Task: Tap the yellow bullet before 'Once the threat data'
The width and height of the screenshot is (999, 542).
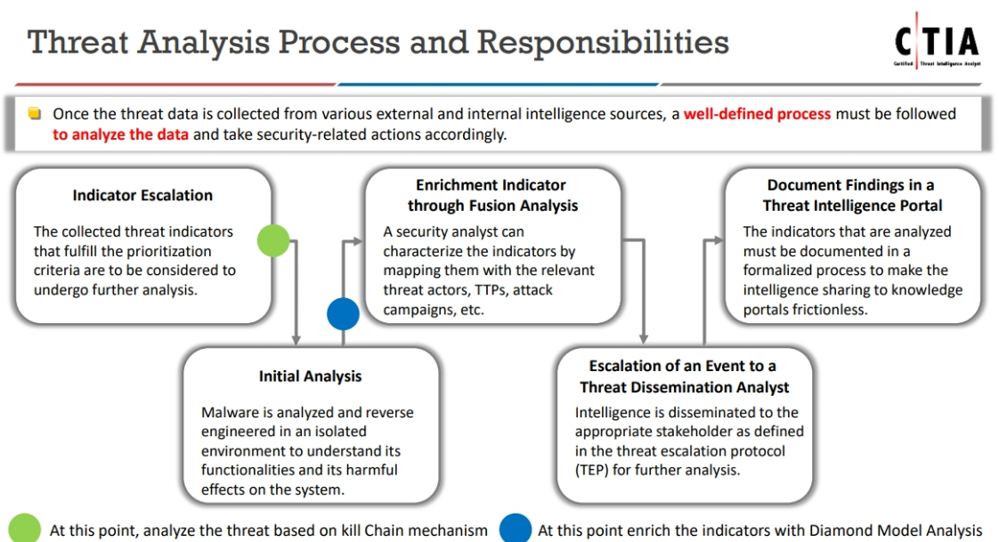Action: tap(35, 114)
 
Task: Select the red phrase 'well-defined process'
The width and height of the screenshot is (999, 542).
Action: tap(757, 114)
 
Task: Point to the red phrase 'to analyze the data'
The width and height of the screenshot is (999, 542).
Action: tap(120, 135)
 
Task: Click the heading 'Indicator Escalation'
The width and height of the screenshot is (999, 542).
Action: tap(142, 195)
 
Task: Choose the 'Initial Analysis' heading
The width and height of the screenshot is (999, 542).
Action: tap(310, 376)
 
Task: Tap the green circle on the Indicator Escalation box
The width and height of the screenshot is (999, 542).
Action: tap(273, 240)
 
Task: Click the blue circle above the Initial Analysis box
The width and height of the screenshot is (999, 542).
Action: tap(343, 313)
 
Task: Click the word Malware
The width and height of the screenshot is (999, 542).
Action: tap(230, 413)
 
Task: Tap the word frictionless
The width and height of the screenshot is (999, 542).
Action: tap(835, 310)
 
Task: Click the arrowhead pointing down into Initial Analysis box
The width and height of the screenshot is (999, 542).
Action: tap(296, 340)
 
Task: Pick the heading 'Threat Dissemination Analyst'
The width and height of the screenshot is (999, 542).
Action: tap(684, 387)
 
